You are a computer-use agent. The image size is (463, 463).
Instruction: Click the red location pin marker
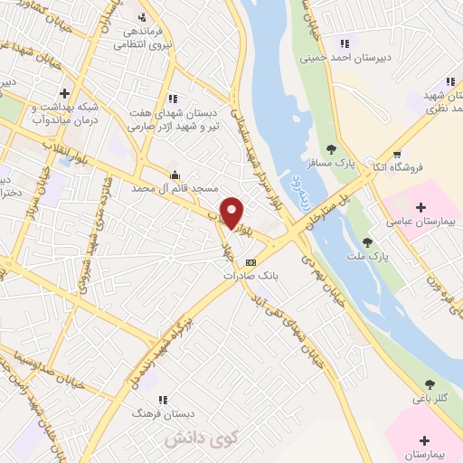click(x=232, y=212)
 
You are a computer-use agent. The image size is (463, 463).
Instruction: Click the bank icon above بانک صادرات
click(x=250, y=262)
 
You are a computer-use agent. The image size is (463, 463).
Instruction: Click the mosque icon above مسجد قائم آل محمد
click(x=174, y=175)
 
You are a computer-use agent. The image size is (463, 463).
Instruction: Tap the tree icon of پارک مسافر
click(x=331, y=150)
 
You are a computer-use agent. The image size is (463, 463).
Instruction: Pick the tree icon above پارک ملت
click(x=367, y=241)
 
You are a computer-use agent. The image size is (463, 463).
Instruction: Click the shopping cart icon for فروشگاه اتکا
click(x=397, y=154)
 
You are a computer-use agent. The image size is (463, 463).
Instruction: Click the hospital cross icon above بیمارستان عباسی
click(x=421, y=208)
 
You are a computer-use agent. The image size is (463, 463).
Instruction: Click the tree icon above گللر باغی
click(x=429, y=383)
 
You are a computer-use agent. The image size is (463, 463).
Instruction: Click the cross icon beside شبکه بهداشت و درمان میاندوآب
click(x=64, y=92)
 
